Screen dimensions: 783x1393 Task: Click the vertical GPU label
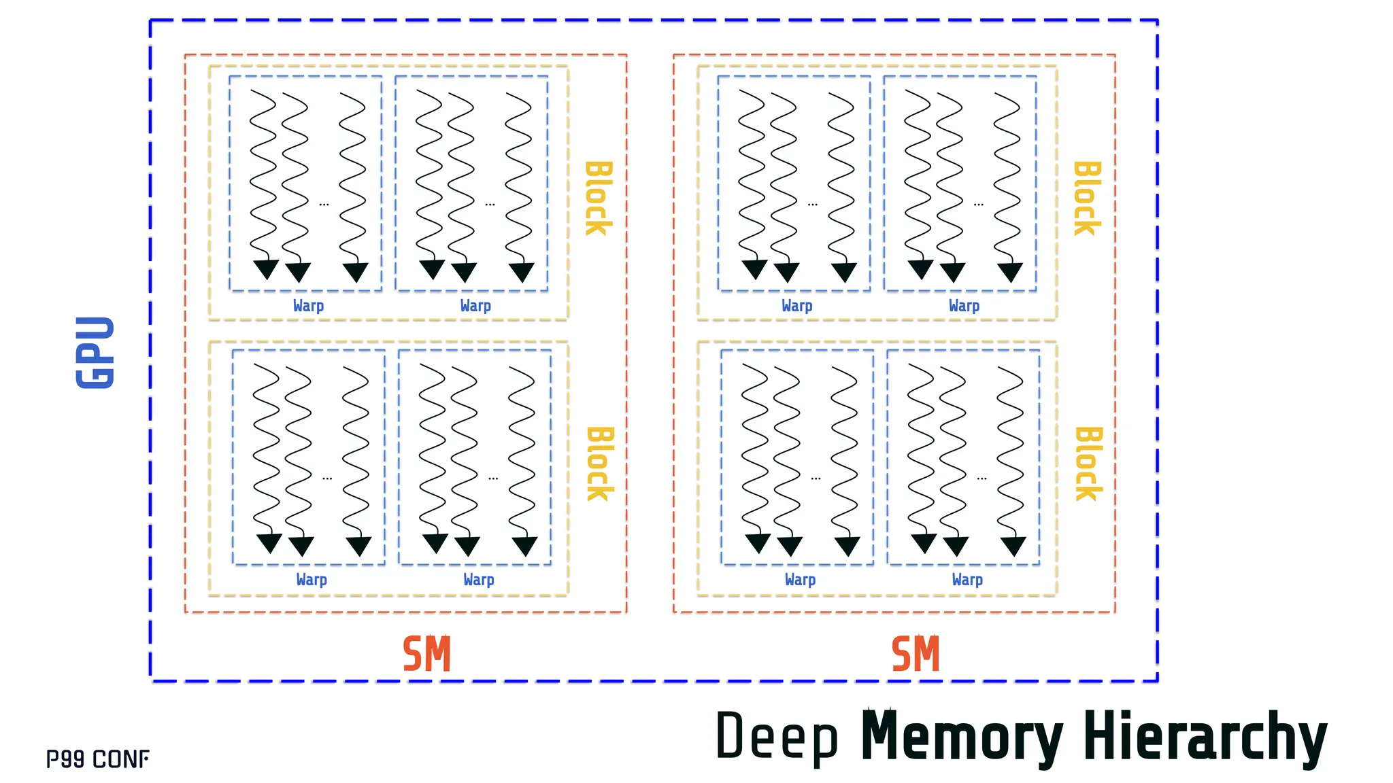(x=95, y=352)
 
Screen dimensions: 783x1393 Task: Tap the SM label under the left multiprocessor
(x=426, y=654)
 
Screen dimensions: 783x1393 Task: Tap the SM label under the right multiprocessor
(x=916, y=654)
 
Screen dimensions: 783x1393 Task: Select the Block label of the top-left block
(x=598, y=198)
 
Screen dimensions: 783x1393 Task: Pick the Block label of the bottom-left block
(x=599, y=464)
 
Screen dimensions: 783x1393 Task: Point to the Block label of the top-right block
(x=1086, y=198)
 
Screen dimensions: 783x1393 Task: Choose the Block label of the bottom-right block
(x=1088, y=464)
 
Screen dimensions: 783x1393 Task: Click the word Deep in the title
(x=777, y=737)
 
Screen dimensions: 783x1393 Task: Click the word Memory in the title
(x=961, y=737)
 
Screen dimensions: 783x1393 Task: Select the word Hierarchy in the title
(x=1204, y=737)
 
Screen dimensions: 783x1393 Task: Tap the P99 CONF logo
(x=98, y=759)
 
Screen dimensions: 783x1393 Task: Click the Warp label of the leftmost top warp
(x=308, y=306)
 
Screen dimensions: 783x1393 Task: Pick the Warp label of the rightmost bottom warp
(x=967, y=580)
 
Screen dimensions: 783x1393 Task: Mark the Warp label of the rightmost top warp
(x=964, y=306)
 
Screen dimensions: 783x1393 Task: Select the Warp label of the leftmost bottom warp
(x=312, y=580)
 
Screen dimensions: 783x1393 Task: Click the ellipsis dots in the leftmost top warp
(x=324, y=204)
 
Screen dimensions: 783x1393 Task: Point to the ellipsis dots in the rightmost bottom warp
(x=981, y=478)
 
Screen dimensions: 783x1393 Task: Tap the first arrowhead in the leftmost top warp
(x=266, y=269)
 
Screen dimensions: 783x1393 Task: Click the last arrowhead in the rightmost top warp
(x=1010, y=273)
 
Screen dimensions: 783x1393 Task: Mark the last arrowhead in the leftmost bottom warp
(x=358, y=546)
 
